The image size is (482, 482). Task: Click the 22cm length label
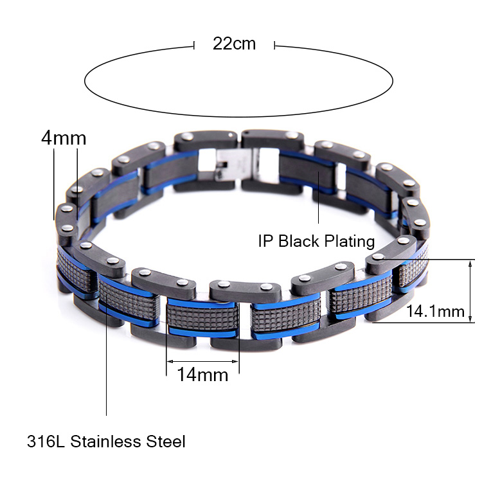click(x=234, y=44)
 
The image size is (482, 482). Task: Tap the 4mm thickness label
click(x=64, y=138)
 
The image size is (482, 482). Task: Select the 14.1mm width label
click(x=435, y=311)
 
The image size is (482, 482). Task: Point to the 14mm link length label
click(x=203, y=375)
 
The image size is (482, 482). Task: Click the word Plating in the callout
click(x=350, y=241)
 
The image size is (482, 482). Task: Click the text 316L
click(x=46, y=442)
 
